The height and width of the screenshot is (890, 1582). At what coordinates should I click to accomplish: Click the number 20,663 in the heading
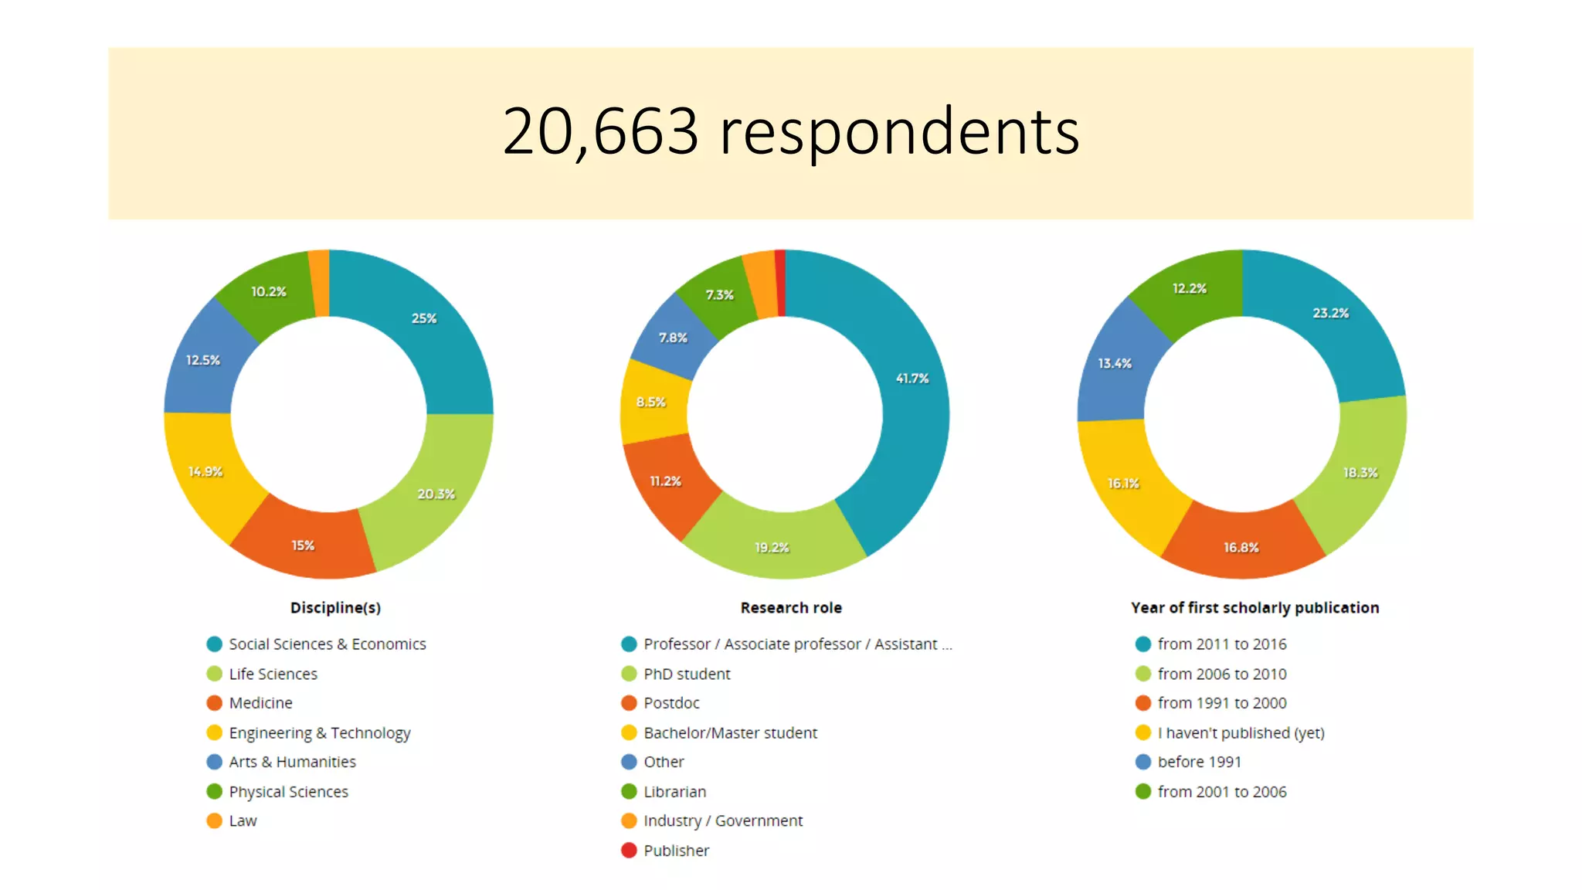[600, 131]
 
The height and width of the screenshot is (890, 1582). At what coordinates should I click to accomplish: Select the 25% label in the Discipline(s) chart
[424, 318]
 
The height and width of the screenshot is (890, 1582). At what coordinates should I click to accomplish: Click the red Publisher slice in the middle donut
[781, 283]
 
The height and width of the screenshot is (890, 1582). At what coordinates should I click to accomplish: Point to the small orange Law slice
[319, 283]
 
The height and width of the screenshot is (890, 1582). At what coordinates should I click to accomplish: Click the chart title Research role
[791, 608]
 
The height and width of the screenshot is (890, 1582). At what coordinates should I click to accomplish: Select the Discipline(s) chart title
[335, 608]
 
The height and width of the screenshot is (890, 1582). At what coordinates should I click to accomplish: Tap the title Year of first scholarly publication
[1254, 608]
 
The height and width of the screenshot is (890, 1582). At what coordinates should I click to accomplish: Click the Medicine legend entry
[260, 703]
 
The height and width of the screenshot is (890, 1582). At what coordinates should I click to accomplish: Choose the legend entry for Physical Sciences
[288, 792]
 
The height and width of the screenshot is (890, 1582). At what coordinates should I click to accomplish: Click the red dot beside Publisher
[629, 851]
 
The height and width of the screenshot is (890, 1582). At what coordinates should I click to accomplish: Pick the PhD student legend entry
[686, 674]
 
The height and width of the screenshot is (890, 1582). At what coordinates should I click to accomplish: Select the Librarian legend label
[674, 792]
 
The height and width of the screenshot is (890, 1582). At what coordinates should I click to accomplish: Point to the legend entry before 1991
[1199, 762]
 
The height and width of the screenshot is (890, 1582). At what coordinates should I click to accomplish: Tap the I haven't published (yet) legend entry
[1241, 732]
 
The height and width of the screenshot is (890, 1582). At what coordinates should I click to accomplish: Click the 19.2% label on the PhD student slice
[772, 548]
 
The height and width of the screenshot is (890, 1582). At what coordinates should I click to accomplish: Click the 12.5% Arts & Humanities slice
[203, 360]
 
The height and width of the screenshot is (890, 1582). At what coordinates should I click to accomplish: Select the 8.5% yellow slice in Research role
[651, 402]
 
